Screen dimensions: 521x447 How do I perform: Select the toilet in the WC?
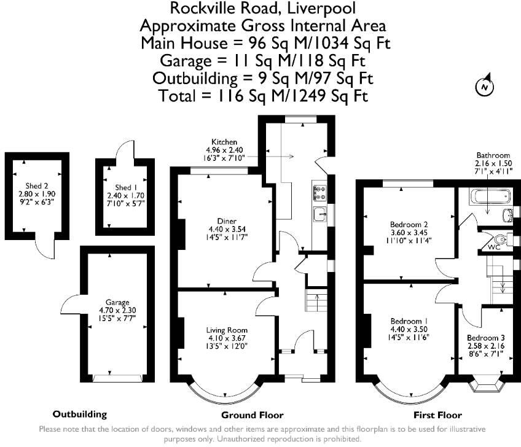pos(499,238)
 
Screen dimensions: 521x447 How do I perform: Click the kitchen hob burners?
pos(319,193)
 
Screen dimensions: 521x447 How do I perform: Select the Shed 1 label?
pos(126,187)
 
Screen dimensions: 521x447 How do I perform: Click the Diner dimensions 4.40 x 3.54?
pos(227,229)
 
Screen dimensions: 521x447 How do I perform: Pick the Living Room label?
pos(227,330)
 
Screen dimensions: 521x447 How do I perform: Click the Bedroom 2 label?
pos(409,225)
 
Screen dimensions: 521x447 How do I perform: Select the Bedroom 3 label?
pos(486,338)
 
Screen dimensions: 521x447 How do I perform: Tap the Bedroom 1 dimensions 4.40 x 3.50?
pos(409,330)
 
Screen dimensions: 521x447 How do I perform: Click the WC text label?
pos(494,247)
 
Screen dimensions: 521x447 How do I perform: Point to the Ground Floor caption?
pos(252,415)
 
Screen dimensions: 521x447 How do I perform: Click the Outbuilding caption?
pos(80,414)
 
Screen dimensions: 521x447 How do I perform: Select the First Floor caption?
pos(437,415)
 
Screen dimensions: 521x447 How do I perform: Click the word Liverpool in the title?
pos(321,9)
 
